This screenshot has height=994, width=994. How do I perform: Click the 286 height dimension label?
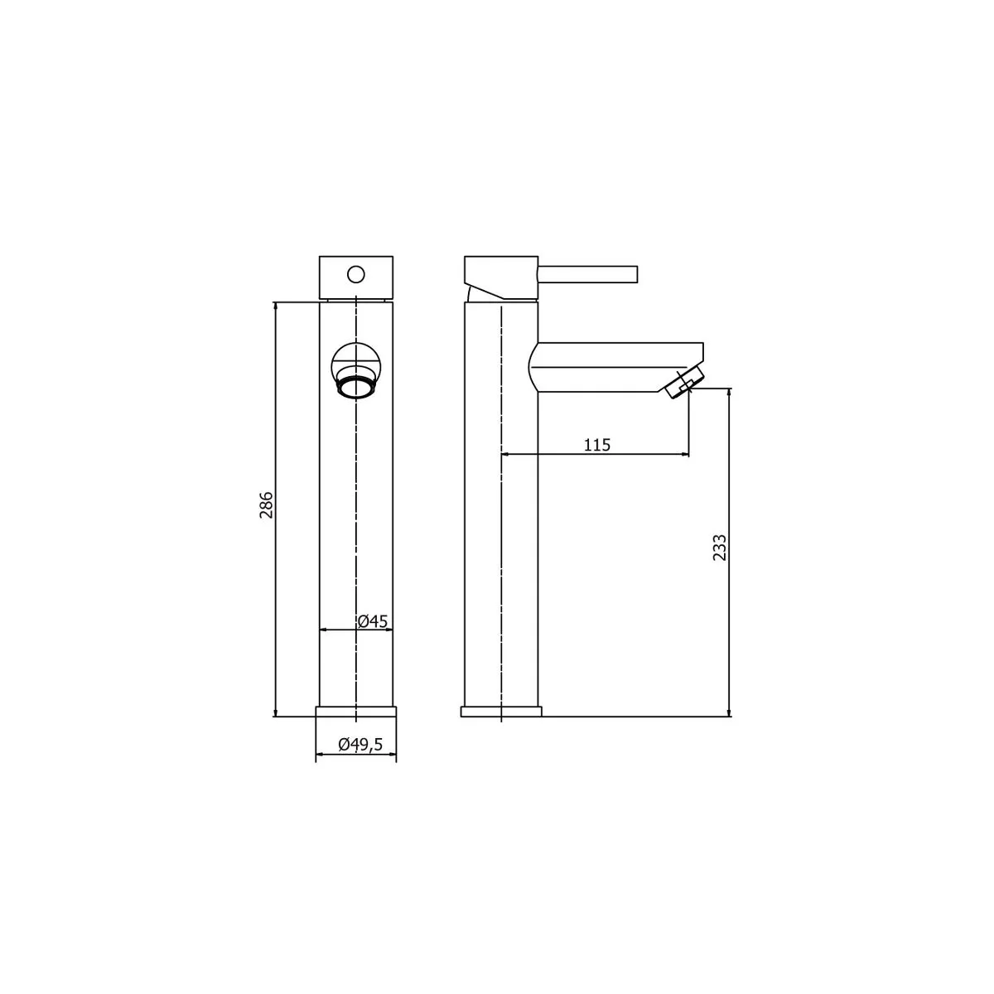click(266, 505)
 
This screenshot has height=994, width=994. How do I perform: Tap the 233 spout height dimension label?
click(719, 548)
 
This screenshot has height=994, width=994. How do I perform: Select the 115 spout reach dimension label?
click(596, 445)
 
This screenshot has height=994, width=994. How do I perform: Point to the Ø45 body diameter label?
click(373, 621)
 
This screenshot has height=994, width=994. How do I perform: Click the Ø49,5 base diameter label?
click(360, 744)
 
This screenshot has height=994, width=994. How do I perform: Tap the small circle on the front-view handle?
click(356, 274)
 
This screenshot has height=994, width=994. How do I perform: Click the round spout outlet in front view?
click(356, 386)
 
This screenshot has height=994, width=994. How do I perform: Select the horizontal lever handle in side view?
click(588, 274)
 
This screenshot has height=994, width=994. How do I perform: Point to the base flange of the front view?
click(356, 712)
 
